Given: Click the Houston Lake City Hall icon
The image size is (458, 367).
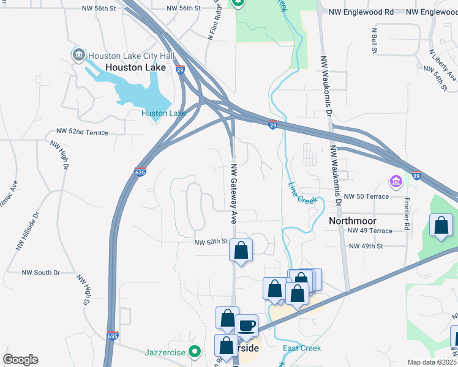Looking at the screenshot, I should (79, 56).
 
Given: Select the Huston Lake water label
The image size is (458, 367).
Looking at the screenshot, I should (163, 113).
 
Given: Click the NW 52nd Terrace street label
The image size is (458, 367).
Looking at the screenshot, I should (82, 132).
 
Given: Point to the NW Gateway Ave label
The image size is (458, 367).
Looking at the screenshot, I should (233, 193).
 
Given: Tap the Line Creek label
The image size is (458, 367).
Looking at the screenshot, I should (303, 191).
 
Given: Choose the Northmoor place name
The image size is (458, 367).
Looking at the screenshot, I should (352, 220).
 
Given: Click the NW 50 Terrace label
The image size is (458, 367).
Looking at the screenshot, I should (366, 196).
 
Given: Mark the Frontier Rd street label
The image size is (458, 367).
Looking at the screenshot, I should (406, 213).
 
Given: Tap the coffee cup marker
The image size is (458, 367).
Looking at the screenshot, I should (247, 326).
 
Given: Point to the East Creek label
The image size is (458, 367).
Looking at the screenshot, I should (302, 348).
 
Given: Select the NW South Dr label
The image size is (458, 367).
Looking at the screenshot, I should (41, 272).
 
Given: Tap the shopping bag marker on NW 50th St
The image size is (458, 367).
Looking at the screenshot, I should (241, 250).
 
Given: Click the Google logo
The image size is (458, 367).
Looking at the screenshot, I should (20, 360).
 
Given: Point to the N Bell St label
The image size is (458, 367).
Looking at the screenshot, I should (374, 39).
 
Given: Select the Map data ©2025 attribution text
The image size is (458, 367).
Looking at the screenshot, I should (432, 362).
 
